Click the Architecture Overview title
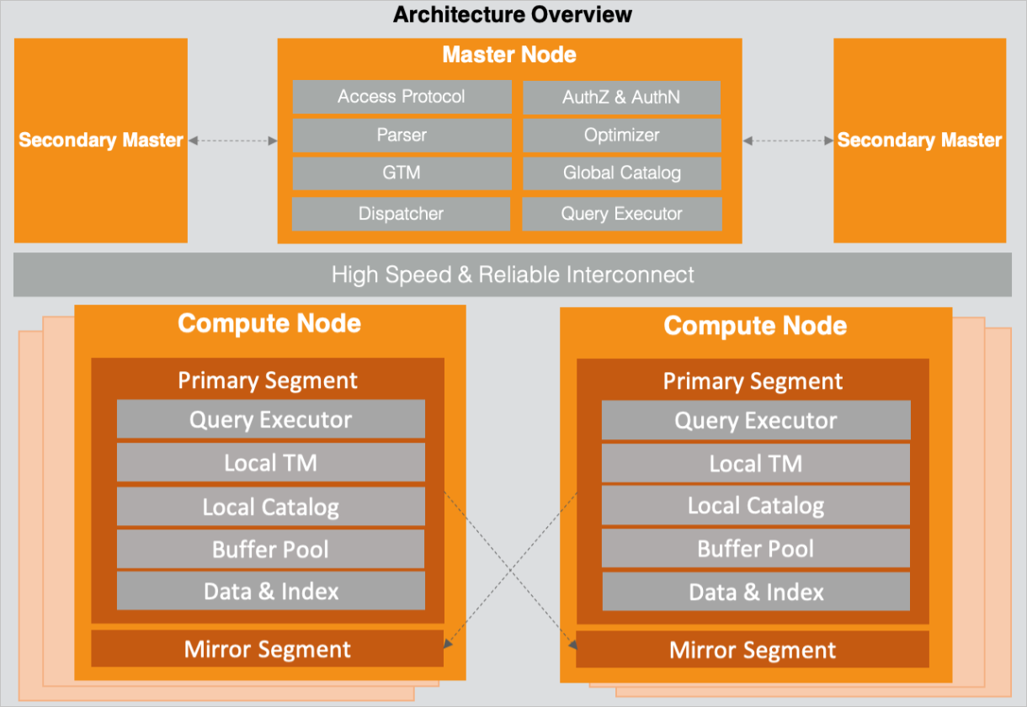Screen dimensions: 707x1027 coord(513,14)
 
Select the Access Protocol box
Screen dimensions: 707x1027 coord(402,97)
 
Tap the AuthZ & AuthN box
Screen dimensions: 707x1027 coord(621,97)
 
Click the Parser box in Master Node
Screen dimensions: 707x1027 coord(402,135)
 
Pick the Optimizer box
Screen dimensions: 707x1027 coord(621,135)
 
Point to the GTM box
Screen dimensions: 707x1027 coord(402,173)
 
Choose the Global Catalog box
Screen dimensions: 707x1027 coord(621,173)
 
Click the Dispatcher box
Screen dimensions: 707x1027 coord(401,214)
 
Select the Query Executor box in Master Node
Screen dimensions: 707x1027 coord(621,214)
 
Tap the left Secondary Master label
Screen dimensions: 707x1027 coord(101,141)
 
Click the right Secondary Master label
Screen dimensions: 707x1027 coord(919,141)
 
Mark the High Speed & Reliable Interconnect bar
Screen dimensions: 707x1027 coord(513,274)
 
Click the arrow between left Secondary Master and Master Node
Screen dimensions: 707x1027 coord(232,141)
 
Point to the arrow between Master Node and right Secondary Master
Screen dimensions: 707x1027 coord(787,141)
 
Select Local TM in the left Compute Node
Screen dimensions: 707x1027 coord(270,463)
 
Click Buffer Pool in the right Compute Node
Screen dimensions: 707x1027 coord(755,550)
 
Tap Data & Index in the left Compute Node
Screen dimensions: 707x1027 coord(270,592)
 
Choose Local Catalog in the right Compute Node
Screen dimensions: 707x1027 coord(755,506)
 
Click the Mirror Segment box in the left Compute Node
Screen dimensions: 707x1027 coord(267,649)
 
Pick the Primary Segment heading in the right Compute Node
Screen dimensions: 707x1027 coord(753,381)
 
